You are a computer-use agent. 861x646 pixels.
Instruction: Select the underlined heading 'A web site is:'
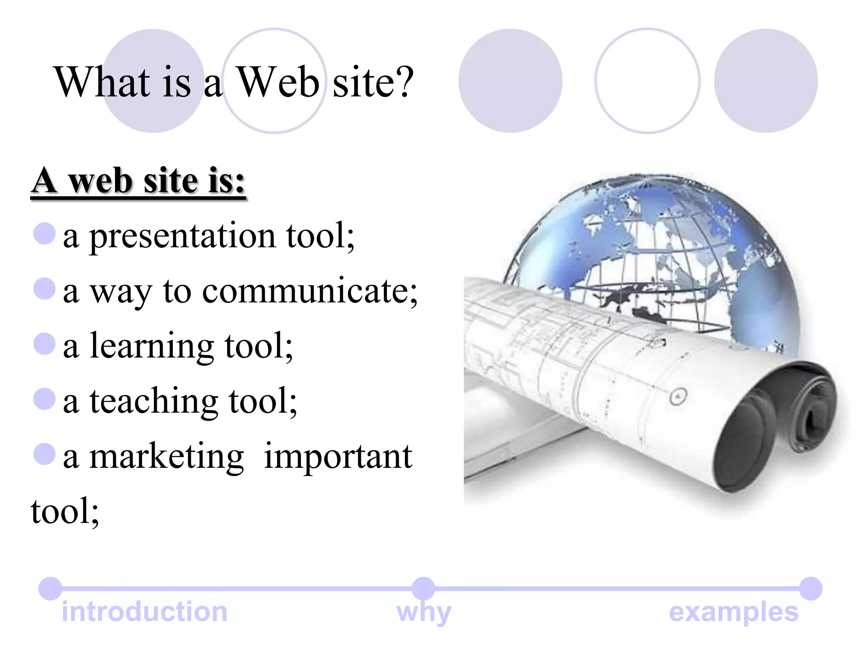point(138,181)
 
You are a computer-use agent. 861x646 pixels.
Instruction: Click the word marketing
point(166,457)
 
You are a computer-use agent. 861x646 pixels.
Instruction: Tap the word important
point(338,457)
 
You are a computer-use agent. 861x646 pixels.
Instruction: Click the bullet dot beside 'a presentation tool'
point(45,233)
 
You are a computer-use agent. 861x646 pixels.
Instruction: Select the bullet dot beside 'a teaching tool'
point(45,398)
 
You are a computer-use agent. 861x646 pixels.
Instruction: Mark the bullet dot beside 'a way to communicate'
point(45,289)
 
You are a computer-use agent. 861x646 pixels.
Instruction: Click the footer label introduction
point(145,612)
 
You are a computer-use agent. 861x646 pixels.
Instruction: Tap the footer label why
point(424,612)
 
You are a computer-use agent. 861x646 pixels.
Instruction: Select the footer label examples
point(734,612)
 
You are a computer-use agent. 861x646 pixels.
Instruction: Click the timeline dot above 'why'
point(423,588)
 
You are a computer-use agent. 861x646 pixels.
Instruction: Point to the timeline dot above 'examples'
point(811,588)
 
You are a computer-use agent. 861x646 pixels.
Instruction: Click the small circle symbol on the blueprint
point(678,396)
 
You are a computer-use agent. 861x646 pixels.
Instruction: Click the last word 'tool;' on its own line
point(65,511)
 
